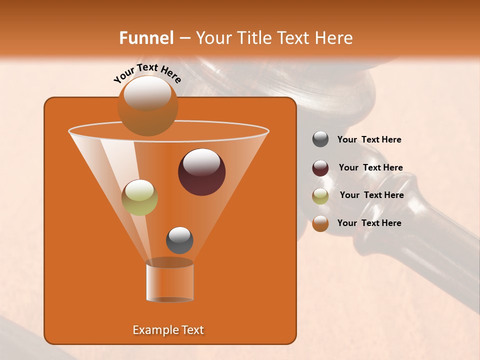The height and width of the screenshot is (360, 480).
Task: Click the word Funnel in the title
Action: [x=146, y=38]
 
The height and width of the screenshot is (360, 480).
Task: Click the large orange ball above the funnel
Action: [x=147, y=107]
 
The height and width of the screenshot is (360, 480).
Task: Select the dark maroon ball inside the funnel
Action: [x=202, y=172]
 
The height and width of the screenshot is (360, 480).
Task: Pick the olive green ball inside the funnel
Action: [x=140, y=198]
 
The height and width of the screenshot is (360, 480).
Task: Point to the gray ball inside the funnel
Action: [x=179, y=240]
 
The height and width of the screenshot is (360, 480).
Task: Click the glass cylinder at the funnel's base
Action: [x=169, y=281]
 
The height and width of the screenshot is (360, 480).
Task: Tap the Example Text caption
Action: [x=168, y=330]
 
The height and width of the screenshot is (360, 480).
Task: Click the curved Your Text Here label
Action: [x=147, y=73]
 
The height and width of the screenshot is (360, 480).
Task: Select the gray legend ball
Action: [x=320, y=139]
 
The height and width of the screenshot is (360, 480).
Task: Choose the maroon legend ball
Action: [x=320, y=168]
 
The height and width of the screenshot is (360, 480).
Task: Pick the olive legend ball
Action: [x=320, y=196]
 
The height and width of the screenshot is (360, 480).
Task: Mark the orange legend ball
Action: [x=320, y=223]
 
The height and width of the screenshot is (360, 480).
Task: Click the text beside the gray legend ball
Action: [x=369, y=140]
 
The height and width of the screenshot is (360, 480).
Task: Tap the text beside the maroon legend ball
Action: [x=370, y=168]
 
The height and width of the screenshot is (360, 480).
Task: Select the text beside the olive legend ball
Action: [x=371, y=195]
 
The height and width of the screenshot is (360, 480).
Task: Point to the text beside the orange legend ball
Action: [x=369, y=223]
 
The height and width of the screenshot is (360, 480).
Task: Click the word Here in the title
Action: [x=335, y=38]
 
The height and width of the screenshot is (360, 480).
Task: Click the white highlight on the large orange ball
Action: [x=147, y=93]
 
